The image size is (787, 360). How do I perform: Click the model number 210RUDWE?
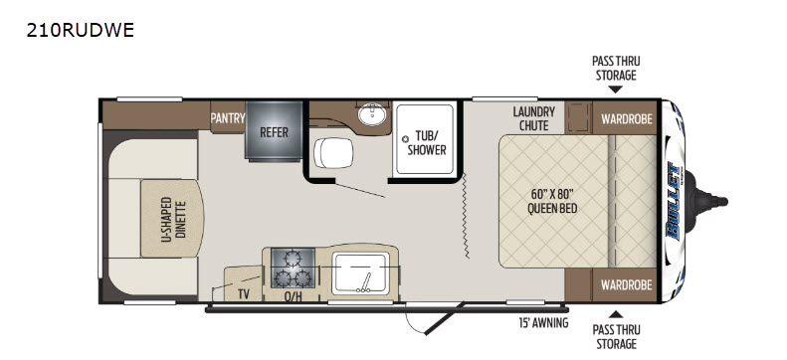tap(81, 31)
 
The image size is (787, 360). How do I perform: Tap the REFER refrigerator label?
tap(274, 132)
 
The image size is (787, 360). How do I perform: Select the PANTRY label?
tap(228, 118)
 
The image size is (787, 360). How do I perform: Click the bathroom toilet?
tap(333, 152)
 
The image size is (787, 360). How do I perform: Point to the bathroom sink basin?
tap(372, 115)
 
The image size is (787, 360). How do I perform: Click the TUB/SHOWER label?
tap(427, 143)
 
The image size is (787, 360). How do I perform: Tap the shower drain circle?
tap(405, 138)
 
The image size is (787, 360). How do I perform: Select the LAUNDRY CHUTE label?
tap(533, 118)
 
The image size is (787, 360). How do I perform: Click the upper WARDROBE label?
tap(627, 118)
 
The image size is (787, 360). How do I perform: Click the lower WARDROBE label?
tap(627, 285)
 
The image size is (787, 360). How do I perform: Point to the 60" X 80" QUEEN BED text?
tap(552, 201)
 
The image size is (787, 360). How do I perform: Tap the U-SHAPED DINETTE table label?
tap(173, 219)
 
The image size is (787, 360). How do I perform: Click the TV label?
tap(244, 294)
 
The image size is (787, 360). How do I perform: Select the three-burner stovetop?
tap(293, 268)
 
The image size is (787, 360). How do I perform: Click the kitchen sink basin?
tap(360, 273)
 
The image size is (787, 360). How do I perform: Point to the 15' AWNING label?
tap(543, 323)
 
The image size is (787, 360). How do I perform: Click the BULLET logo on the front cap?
tap(673, 202)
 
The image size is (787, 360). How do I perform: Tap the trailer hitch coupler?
tap(708, 202)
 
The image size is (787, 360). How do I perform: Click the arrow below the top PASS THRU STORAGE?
tap(615, 90)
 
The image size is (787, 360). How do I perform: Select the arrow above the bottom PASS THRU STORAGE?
tap(615, 314)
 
